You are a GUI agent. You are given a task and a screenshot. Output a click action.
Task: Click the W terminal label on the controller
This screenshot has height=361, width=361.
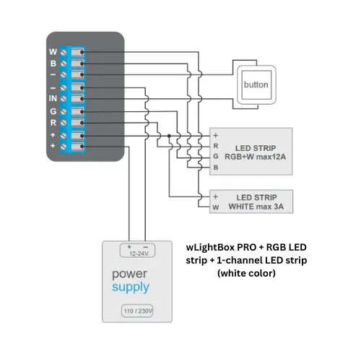tap(53, 52)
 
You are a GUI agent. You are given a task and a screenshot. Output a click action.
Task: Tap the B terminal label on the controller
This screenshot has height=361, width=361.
tap(53, 64)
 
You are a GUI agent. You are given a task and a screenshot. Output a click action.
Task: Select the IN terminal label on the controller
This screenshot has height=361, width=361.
tap(53, 99)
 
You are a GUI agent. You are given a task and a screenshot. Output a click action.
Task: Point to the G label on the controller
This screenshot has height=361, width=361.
tap(53, 111)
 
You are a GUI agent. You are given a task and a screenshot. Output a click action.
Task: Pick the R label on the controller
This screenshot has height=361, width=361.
tap(53, 123)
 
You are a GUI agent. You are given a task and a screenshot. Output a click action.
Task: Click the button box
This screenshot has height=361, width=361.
tap(256, 84)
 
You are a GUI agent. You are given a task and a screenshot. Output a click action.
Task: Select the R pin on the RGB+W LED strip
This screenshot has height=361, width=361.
tap(216, 145)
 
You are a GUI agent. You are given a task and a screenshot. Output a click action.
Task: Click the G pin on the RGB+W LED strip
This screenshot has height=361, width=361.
tap(216, 156)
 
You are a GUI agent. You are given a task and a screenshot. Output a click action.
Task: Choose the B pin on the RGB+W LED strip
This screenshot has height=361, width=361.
tap(216, 167)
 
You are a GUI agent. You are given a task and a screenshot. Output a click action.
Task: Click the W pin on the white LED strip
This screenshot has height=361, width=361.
tap(216, 206)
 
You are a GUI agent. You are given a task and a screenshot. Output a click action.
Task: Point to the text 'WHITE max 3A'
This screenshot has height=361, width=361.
tap(256, 206)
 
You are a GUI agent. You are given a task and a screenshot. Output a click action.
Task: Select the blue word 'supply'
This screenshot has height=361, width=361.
tap(131, 287)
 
